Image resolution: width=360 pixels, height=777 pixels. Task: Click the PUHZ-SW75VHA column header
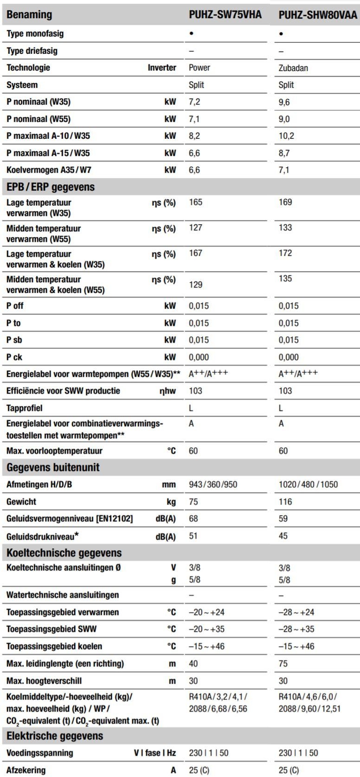225,15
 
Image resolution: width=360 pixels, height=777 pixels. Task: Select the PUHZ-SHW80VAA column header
318,15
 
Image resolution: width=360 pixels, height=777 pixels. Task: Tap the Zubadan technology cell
293,68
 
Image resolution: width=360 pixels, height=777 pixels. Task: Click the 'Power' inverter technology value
199,68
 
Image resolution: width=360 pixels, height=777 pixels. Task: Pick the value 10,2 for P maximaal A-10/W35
286,136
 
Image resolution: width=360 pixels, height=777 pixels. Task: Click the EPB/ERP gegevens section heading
51,187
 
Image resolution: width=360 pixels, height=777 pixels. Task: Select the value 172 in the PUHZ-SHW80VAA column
285,253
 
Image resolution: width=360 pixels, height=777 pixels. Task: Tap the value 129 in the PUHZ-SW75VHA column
196,285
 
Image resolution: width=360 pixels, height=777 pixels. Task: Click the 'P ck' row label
14,357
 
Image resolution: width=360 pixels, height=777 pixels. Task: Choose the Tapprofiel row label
25,408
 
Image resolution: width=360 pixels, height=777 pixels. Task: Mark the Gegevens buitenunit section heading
53,467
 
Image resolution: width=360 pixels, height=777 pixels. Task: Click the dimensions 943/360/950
213,485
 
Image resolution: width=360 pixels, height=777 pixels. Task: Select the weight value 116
285,502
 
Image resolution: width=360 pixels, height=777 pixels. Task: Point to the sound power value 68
193,518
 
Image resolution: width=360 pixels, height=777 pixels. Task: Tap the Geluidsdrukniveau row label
42,536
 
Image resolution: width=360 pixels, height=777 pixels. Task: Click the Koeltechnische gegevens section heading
64,553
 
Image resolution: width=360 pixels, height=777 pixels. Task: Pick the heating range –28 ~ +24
296,612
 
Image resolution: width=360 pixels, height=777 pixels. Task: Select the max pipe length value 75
283,664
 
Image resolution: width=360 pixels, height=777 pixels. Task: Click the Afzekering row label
26,770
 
